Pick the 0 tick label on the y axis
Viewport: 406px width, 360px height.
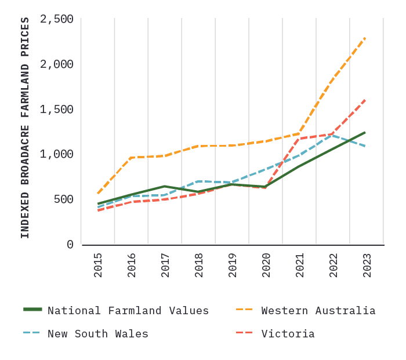(70, 245)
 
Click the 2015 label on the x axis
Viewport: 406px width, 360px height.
(98, 264)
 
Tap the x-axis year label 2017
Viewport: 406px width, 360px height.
(165, 264)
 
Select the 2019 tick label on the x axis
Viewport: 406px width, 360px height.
(233, 264)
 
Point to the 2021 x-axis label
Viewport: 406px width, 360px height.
(300, 264)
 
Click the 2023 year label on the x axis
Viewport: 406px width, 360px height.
(367, 264)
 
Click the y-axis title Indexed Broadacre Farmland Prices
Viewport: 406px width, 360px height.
(25, 128)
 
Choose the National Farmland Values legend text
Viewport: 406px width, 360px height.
(128, 311)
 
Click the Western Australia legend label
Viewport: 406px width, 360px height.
(318, 311)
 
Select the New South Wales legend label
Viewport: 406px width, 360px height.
(97, 334)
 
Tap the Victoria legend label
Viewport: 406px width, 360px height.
(288, 334)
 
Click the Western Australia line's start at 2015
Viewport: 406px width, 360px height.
(98, 193)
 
